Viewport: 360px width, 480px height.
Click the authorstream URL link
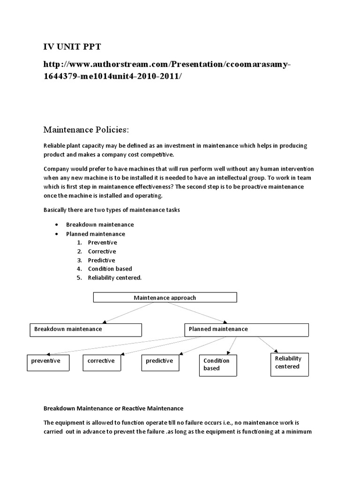coord(164,70)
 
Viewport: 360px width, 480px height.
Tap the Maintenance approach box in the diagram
coord(165,298)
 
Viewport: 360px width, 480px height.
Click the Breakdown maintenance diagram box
coord(85,330)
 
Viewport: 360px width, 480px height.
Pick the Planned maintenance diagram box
coord(246,330)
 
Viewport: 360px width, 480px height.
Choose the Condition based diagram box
coord(218,365)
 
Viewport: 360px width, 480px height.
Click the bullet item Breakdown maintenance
coord(100,225)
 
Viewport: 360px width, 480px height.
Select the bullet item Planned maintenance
coord(96,233)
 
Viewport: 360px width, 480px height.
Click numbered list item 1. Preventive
coord(102,242)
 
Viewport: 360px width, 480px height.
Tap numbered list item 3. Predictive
coord(101,260)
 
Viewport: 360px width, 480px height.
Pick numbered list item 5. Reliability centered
coord(114,277)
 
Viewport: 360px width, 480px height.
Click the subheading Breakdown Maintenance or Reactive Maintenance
coord(113,408)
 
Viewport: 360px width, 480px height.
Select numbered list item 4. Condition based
coord(110,269)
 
